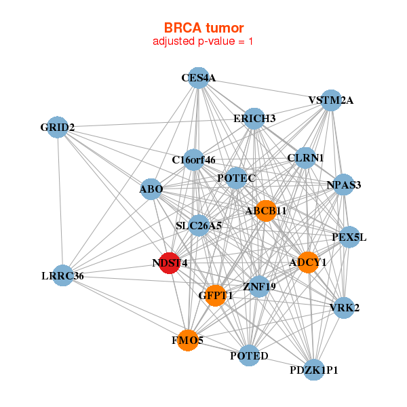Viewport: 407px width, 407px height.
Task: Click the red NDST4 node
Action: coord(170,263)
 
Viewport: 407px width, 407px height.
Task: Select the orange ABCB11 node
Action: coord(265,210)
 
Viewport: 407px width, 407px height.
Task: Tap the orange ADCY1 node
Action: coord(308,263)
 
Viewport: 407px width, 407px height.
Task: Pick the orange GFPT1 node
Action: coord(215,296)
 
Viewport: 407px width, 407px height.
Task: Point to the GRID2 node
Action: coord(57,127)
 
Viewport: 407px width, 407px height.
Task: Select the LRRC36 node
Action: coord(62,275)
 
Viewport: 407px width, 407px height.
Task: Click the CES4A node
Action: coord(197,78)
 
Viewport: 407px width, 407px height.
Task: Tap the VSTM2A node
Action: coord(330,100)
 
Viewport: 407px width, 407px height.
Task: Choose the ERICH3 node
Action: coord(254,119)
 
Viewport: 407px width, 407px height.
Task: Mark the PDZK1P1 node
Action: coord(313,370)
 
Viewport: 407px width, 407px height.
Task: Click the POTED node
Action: coord(249,355)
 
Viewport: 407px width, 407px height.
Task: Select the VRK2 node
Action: coord(344,307)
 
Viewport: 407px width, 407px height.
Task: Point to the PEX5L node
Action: coord(349,237)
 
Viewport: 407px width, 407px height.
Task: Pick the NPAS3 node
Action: coord(344,185)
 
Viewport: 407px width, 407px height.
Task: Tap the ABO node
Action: coord(151,189)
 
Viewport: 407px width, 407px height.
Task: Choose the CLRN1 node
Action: coord(305,158)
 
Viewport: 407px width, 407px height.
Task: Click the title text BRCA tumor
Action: coord(203,28)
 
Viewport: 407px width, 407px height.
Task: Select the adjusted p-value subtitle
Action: coord(203,41)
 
